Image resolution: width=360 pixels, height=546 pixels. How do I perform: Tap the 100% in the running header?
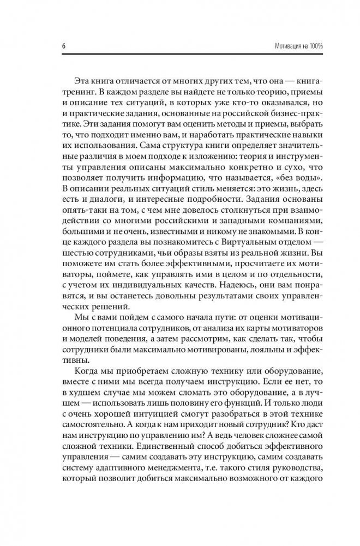point(314,46)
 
